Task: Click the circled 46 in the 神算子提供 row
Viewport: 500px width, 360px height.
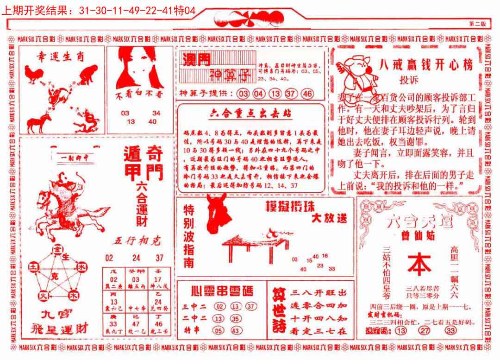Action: pos(307,94)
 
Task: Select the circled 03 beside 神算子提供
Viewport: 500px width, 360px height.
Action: pos(243,94)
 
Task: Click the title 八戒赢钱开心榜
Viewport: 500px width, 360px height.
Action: pos(425,65)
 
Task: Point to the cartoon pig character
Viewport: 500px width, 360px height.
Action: pos(356,74)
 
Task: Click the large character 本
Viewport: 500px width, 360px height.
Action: pos(419,265)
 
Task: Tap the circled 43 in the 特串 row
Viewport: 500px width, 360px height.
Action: pos(236,330)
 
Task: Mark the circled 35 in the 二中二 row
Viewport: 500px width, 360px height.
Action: pos(236,318)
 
